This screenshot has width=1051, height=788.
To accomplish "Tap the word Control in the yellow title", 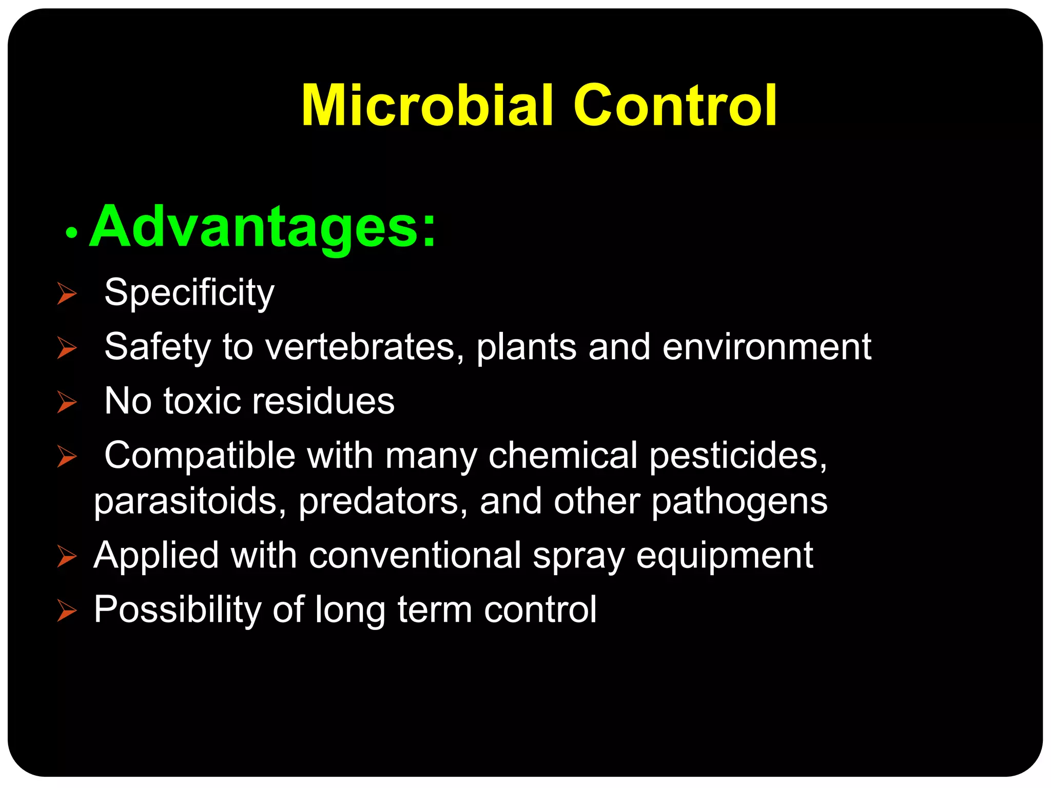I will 675,106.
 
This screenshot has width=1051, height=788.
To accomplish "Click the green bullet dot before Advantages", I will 71,233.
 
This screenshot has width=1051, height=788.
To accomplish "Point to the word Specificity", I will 189,293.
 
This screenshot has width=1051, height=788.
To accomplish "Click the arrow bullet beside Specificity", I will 67,293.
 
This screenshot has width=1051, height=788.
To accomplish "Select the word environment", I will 767,347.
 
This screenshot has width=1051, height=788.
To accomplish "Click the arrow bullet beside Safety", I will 67,348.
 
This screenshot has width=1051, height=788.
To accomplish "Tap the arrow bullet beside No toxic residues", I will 67,402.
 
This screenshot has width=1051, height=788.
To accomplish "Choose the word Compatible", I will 200,456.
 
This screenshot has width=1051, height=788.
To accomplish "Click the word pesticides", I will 738,456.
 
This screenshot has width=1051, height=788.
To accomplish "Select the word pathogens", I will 739,501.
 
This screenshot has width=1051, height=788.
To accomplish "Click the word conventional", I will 415,556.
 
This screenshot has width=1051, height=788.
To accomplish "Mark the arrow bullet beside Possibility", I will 67,610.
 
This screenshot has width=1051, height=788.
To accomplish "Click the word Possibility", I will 178,610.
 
